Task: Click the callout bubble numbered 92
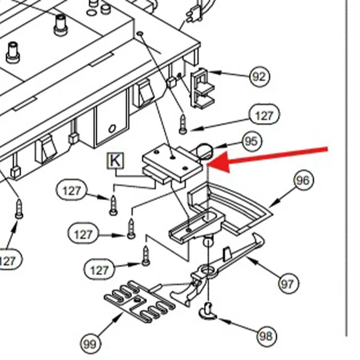pyautogui.click(x=260, y=76)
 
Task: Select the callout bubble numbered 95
pyautogui.click(x=252, y=141)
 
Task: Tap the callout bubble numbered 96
pyautogui.click(x=304, y=180)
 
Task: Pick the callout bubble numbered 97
pyautogui.click(x=289, y=284)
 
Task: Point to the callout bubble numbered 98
pyautogui.click(x=267, y=336)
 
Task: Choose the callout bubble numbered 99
pyautogui.click(x=91, y=344)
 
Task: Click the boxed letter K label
pyautogui.click(x=115, y=160)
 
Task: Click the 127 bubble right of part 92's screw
pyautogui.click(x=265, y=115)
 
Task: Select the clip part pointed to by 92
pyautogui.click(x=202, y=88)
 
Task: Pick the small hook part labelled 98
pyautogui.click(x=208, y=311)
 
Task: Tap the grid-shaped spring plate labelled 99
pyautogui.click(x=139, y=301)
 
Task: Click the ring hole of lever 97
pyautogui.click(x=208, y=269)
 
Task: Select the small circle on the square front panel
pyautogui.click(x=112, y=128)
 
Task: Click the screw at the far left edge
pyautogui.click(x=19, y=209)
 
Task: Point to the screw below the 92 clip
pyautogui.click(x=183, y=124)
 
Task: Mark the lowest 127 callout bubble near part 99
pyautogui.click(x=100, y=269)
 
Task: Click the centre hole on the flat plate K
pyautogui.click(x=173, y=157)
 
